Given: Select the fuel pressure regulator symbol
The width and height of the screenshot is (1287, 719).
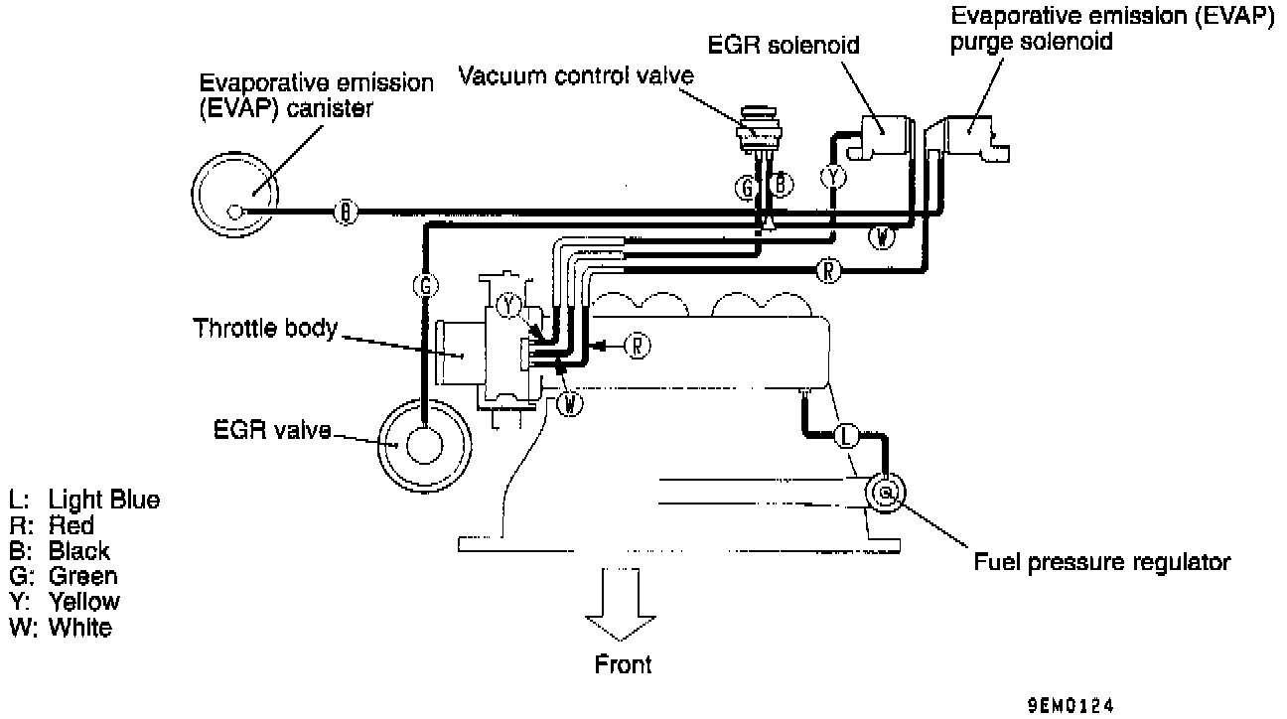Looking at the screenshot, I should pyautogui.click(x=886, y=491).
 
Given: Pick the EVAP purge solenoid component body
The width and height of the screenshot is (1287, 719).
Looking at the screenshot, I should pyautogui.click(x=974, y=136).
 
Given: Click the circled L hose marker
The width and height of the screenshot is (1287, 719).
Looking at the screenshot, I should pyautogui.click(x=845, y=436).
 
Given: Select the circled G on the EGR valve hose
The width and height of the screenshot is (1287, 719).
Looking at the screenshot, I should pyautogui.click(x=424, y=285).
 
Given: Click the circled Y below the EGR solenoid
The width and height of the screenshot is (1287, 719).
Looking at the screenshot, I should pyautogui.click(x=832, y=177).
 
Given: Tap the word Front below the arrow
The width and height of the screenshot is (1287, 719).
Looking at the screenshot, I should pyautogui.click(x=623, y=665).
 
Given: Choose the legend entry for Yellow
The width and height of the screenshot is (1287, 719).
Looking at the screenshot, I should pyautogui.click(x=83, y=601).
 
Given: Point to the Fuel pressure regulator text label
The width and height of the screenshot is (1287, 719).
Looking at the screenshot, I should pyautogui.click(x=1101, y=562).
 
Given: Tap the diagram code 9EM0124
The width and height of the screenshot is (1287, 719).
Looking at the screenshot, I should pyautogui.click(x=1071, y=706).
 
